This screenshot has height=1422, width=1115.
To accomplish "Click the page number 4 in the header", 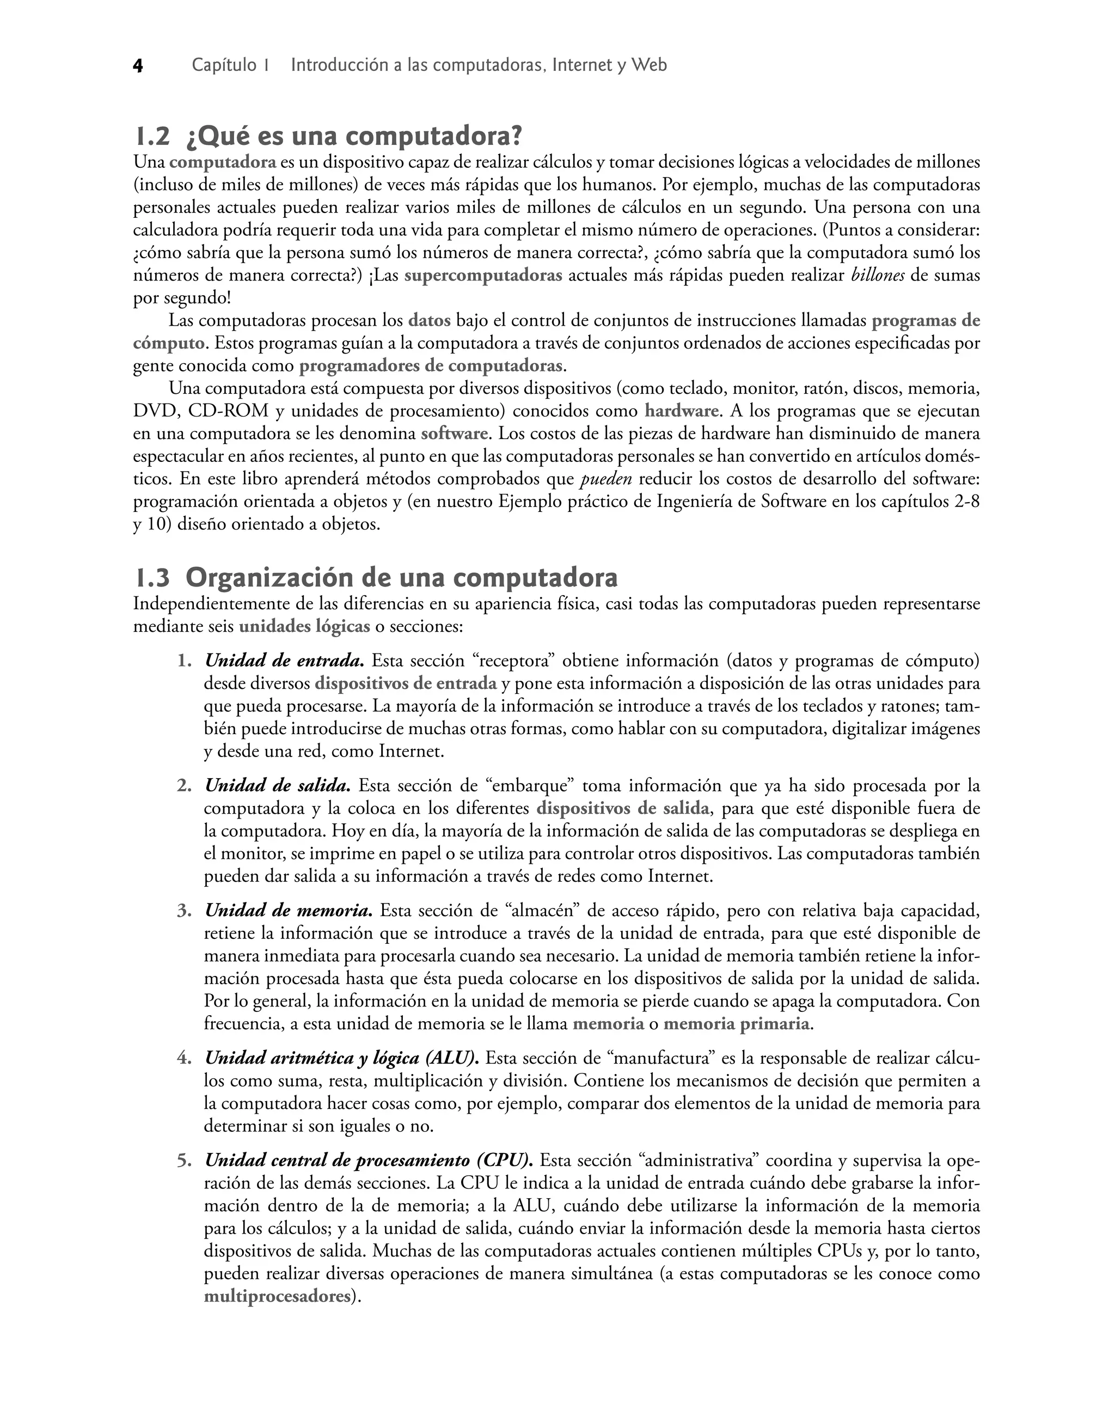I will tap(138, 66).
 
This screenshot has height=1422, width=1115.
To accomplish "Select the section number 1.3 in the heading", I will tap(153, 578).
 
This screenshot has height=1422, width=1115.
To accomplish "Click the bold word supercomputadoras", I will tap(483, 276).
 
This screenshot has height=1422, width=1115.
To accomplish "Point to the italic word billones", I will tap(878, 276).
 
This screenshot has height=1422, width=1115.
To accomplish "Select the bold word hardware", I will tap(681, 411).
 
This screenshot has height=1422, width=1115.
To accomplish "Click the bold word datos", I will tap(429, 321).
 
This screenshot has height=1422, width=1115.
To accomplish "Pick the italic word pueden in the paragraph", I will tap(606, 479).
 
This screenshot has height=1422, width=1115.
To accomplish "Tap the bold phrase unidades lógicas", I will tap(304, 627).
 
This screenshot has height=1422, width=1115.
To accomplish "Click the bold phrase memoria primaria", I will tap(737, 1024).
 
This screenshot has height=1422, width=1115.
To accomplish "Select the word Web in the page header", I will tap(650, 65).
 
